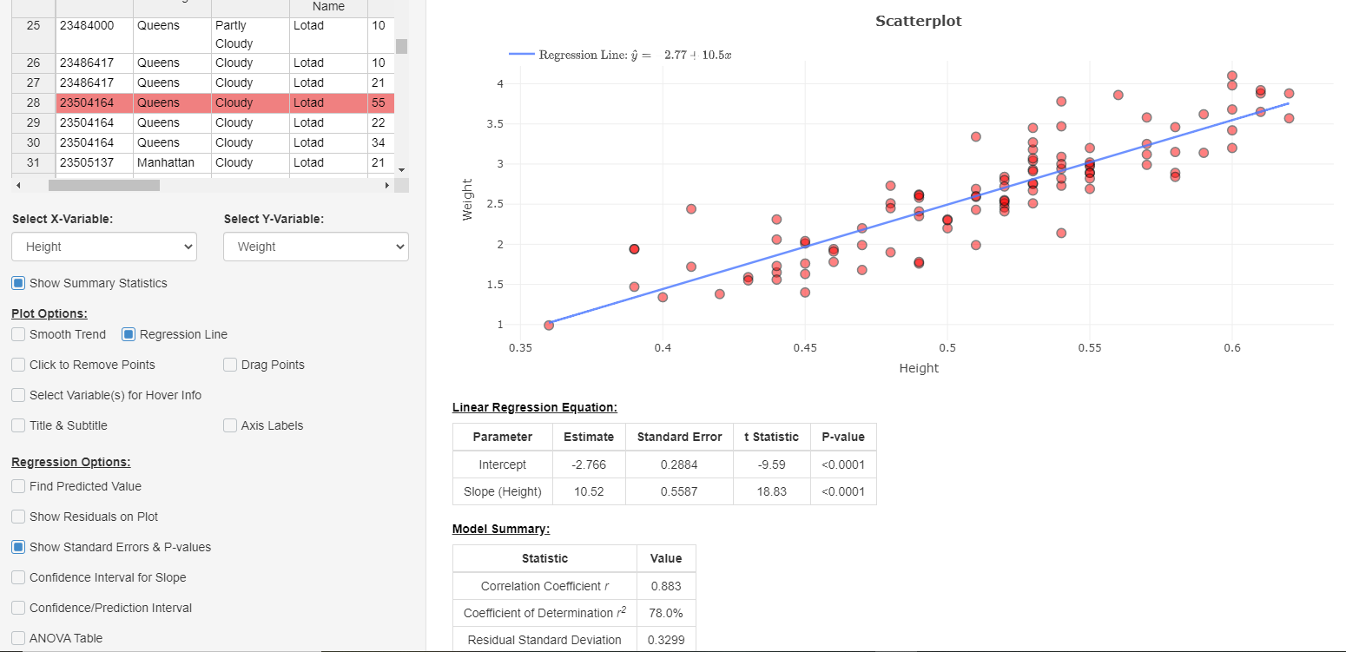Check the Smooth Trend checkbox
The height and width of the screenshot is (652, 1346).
(18, 334)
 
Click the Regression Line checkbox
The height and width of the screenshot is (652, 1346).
(129, 334)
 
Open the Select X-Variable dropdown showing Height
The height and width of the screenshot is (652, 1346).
(104, 247)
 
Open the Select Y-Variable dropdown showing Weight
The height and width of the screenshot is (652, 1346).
(315, 247)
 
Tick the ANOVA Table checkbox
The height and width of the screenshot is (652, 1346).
(18, 638)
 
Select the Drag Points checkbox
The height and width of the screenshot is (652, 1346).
(230, 365)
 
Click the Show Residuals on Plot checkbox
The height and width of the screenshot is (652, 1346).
(18, 517)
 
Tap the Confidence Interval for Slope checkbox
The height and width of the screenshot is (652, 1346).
(18, 577)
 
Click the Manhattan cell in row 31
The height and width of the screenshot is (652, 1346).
(165, 162)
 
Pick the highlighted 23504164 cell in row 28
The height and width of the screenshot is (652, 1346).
(86, 102)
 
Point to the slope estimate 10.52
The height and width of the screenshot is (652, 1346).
(589, 491)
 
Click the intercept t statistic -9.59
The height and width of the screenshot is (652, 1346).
(771, 464)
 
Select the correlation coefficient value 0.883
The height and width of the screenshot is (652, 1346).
(666, 586)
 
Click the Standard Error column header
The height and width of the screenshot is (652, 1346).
(679, 437)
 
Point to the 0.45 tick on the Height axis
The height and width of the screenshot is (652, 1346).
(805, 348)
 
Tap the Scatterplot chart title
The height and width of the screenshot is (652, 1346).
(918, 21)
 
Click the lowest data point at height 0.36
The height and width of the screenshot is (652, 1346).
(549, 326)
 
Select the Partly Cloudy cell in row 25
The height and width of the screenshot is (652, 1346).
(234, 35)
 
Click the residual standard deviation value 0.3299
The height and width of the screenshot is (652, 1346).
(666, 640)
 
